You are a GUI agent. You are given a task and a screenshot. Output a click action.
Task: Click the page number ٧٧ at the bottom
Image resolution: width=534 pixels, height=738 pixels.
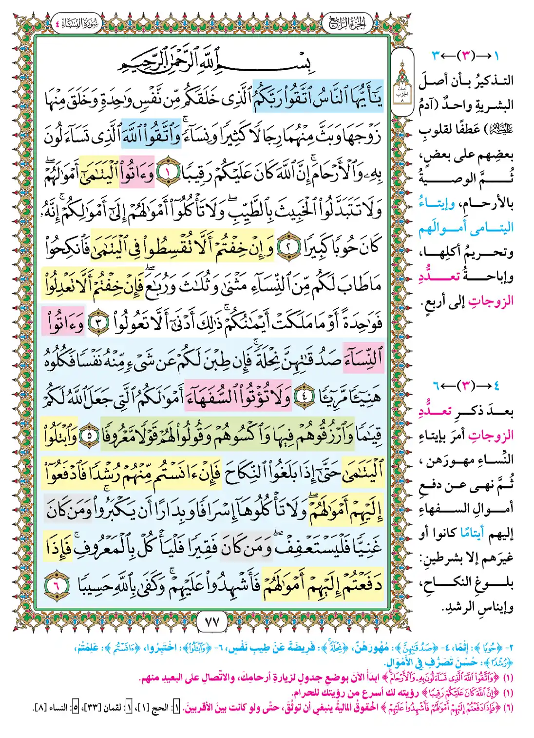pos(212,622)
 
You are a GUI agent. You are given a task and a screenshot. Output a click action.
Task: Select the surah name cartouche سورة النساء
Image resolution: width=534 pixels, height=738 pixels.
pos(76,23)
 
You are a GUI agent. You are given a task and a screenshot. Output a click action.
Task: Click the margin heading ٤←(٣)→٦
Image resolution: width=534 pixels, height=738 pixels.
pos(465,386)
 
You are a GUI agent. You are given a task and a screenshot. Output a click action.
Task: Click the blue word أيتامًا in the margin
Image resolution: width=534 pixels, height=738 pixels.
pos(472,534)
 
